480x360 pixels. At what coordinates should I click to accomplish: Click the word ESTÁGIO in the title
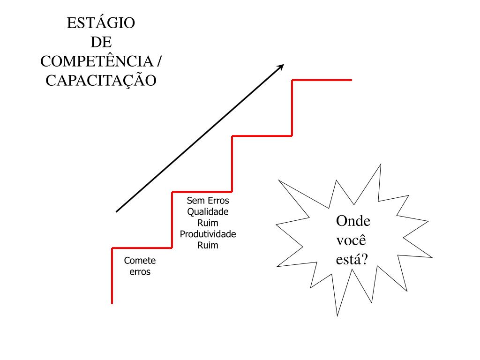101,23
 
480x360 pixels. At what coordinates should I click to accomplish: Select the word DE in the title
101,42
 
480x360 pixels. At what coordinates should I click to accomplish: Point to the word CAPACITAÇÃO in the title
101,81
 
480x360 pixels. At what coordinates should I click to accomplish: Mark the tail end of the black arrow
116,212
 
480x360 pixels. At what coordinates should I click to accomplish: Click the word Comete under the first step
140,261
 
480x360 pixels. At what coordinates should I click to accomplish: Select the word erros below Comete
140,272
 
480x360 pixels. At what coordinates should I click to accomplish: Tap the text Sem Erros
208,201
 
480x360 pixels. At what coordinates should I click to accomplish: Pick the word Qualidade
208,212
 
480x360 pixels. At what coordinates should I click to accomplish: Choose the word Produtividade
208,234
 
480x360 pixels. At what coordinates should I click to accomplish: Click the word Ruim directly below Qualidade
208,223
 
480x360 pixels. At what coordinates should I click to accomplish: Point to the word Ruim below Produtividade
208,245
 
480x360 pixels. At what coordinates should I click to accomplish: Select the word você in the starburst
351,240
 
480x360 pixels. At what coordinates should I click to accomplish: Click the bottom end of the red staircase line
112,303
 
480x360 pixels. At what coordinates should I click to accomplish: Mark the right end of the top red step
351,80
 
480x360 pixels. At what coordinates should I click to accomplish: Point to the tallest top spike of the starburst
380,165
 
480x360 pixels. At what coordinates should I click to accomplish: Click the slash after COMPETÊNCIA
160,61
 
